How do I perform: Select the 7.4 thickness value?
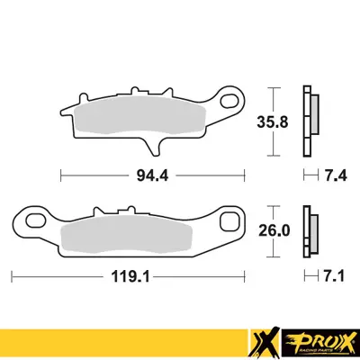coord(332,173)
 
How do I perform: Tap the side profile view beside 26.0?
coord(310,230)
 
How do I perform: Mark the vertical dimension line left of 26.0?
coord(274,230)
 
